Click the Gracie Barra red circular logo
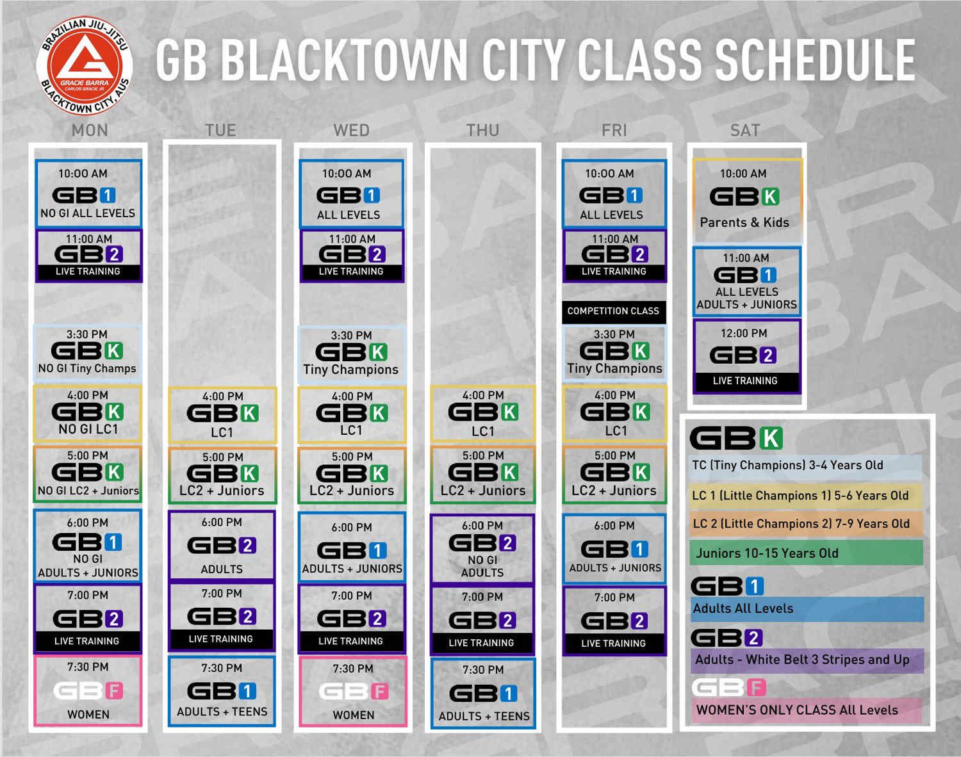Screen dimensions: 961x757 [x=84, y=65]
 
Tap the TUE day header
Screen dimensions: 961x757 [x=220, y=131]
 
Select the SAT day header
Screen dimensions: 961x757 [x=745, y=131]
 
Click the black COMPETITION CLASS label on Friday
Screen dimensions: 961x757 [x=614, y=311]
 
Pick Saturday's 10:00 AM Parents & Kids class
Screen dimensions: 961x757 [x=747, y=201]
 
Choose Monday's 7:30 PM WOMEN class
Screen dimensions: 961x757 [x=88, y=690]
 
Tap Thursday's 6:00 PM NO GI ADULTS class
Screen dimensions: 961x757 [x=482, y=549]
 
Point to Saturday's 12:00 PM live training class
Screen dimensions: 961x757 [x=746, y=357]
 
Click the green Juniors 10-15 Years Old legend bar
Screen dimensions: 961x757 [x=806, y=553]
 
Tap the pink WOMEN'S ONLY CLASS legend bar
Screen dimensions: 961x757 [x=806, y=710]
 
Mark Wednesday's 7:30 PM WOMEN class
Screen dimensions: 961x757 [x=353, y=691]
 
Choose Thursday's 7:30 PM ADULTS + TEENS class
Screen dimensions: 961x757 [x=483, y=694]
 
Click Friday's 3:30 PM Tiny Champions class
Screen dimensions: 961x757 [x=614, y=354]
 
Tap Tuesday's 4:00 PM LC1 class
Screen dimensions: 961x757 [x=222, y=414]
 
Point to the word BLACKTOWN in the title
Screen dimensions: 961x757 [x=345, y=60]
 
